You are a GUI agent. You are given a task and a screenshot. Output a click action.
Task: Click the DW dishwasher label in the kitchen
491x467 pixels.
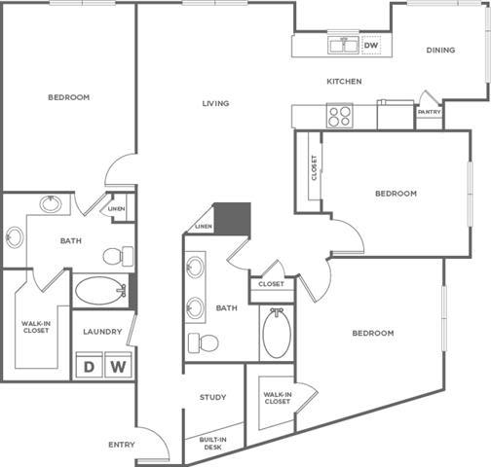coord(371,45)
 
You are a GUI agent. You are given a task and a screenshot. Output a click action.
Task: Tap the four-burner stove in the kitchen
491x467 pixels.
coord(339,117)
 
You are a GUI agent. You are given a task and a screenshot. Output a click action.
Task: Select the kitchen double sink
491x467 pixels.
coord(342,45)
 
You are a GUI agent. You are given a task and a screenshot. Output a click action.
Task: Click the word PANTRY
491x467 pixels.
coord(429,112)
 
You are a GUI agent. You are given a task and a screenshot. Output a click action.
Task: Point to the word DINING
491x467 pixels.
coord(439,51)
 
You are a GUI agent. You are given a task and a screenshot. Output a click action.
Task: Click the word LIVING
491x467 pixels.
coord(215,103)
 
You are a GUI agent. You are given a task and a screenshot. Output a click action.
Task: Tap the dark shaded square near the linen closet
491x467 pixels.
coord(233,218)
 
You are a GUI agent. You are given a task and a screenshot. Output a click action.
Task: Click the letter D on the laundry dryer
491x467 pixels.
coord(89,367)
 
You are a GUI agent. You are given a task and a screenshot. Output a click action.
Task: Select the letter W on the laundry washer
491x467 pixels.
coord(117,367)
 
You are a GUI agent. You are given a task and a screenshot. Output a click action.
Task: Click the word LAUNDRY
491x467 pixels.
coord(102,332)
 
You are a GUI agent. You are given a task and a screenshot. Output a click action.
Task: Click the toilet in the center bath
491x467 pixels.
coord(205,342)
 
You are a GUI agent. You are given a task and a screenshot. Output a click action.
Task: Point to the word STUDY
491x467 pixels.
coord(213,397)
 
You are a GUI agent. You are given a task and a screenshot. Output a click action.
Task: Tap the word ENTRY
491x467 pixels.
coord(122,445)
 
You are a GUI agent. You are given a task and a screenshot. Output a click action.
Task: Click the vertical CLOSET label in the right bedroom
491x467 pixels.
coord(314,168)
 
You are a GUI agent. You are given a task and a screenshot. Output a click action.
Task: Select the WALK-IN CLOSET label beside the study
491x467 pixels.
coord(277,397)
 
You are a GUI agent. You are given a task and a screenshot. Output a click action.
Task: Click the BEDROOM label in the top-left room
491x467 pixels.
coord(68,97)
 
